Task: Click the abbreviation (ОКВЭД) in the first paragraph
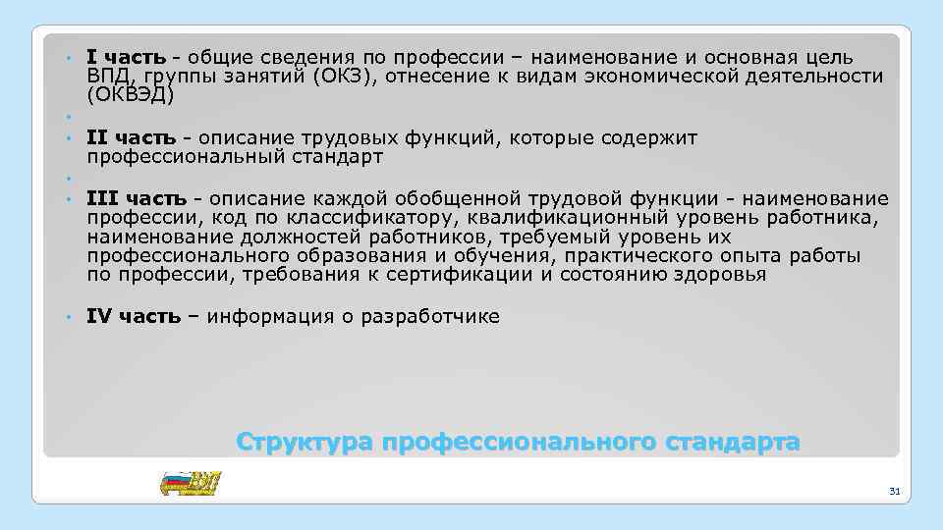coord(130,95)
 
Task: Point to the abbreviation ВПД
coord(107,77)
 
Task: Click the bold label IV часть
coord(134,316)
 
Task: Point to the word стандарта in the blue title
coord(733,443)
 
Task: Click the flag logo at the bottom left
coord(191,484)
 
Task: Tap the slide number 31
coord(893,490)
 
